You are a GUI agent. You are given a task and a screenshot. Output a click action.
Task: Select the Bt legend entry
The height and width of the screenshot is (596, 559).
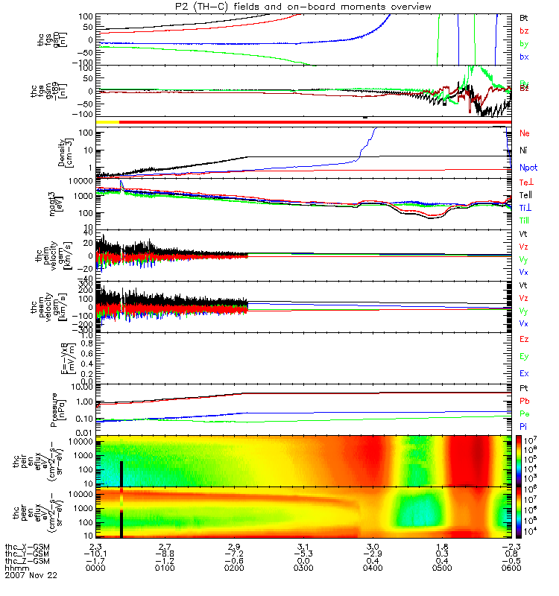(523, 16)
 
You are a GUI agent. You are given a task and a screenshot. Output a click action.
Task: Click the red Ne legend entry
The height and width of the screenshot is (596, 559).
(524, 133)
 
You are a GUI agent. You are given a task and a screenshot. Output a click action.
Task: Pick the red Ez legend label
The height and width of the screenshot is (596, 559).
(523, 339)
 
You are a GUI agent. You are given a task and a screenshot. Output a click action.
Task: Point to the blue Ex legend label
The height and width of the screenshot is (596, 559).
(523, 373)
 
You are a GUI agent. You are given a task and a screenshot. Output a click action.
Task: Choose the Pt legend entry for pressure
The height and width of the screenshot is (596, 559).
(523, 388)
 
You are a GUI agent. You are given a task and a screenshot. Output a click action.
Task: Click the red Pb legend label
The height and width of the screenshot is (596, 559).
(523, 401)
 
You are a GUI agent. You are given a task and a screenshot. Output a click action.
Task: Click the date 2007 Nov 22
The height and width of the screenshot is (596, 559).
(31, 576)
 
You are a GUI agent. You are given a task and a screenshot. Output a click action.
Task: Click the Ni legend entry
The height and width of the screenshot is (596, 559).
(523, 150)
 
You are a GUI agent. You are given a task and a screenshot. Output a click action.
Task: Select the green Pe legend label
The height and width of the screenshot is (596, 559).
(523, 413)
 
